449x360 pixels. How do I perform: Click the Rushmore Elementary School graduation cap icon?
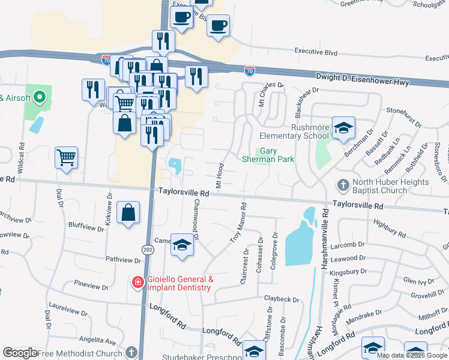pyautogui.click(x=343, y=128)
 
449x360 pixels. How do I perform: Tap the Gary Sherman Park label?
pyautogui.click(x=268, y=155)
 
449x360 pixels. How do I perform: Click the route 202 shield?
pyautogui.click(x=148, y=248)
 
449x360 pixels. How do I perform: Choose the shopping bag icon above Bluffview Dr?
pyautogui.click(x=129, y=212)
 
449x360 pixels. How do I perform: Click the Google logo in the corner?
pyautogui.click(x=20, y=353)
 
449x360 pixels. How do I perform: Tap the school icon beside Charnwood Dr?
pyautogui.click(x=182, y=245)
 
